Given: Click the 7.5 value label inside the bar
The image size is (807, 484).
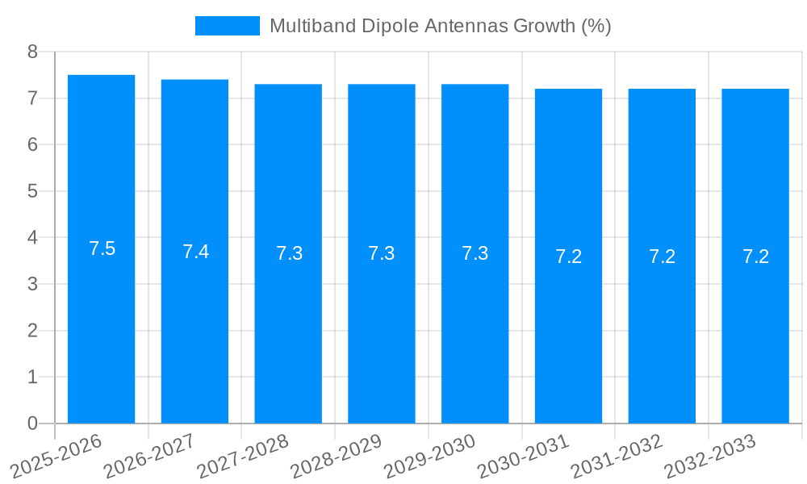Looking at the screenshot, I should click(x=102, y=248).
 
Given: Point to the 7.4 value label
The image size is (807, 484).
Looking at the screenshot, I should click(x=195, y=252).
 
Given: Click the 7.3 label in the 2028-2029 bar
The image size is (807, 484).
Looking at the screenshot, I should click(x=382, y=253).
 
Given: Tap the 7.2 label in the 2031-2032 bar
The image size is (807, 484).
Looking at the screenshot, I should click(x=662, y=257).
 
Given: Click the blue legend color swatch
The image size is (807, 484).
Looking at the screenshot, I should click(x=227, y=26).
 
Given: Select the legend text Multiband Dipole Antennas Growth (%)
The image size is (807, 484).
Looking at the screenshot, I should click(x=440, y=26).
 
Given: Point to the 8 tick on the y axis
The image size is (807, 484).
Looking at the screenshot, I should click(x=32, y=52).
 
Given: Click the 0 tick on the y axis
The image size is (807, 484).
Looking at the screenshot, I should click(x=32, y=423).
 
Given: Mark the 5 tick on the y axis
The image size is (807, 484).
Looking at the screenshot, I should click(x=32, y=191).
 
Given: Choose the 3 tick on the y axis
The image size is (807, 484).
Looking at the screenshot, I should click(x=32, y=284).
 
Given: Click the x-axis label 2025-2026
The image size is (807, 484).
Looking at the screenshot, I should click(x=57, y=456).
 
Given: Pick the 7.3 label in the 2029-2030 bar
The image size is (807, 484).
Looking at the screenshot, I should click(x=475, y=253).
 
